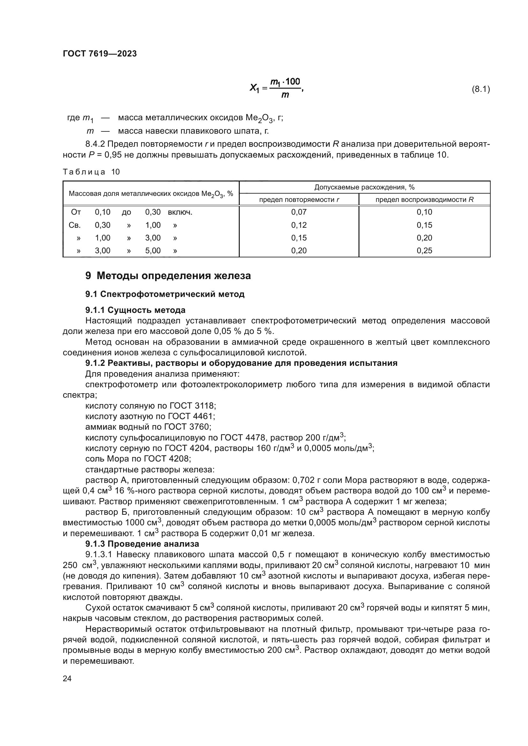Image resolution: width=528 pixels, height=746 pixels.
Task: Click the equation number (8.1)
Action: pyautogui.click(x=480, y=89)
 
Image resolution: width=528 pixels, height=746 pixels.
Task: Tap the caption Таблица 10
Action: pyautogui.click(x=91, y=172)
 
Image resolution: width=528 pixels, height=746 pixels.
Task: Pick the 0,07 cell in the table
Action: pyautogui.click(x=299, y=212)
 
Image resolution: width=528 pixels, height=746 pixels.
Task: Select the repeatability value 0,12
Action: pyautogui.click(x=299, y=225)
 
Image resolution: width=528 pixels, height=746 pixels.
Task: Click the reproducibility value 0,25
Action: pyautogui.click(x=424, y=250)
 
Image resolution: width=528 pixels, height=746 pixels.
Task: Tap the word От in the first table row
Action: pyautogui.click(x=76, y=212)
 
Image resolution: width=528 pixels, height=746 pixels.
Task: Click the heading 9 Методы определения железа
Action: pyautogui.click(x=168, y=276)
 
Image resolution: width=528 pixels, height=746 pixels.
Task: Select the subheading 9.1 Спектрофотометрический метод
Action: pyautogui.click(x=165, y=294)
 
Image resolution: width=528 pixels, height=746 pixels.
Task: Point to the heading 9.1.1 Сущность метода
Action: pyautogui.click(x=135, y=310)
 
